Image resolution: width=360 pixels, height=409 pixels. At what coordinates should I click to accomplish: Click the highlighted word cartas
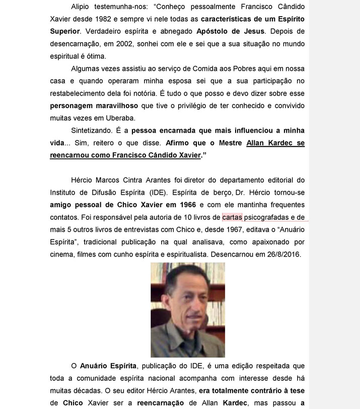point(232,217)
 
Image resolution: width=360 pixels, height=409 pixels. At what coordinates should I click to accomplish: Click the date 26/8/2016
point(283,254)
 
